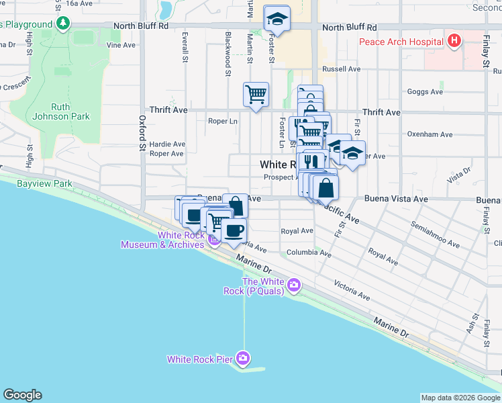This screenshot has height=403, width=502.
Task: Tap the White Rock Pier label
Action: [200, 359]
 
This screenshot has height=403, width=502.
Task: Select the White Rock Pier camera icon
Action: [242, 358]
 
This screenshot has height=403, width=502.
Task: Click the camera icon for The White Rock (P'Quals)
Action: [293, 286]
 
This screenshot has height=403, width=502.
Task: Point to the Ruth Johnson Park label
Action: [70, 111]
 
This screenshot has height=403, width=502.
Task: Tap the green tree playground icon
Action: [63, 24]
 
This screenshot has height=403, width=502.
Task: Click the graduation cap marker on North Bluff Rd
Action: [276, 19]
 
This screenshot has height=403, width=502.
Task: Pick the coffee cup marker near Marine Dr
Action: [234, 230]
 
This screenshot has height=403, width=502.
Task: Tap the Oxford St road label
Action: [142, 132]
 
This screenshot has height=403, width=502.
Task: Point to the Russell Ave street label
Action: [341, 69]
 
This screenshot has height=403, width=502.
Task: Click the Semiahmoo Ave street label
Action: [436, 234]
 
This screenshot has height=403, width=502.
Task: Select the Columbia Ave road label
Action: [309, 254]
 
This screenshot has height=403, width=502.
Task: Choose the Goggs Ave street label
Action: [425, 91]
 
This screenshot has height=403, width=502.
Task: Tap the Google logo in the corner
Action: [22, 395]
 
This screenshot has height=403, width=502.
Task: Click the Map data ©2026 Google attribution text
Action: [460, 398]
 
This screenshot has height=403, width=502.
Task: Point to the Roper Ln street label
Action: [223, 122]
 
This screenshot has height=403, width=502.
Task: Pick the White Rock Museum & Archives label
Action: [162, 240]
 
